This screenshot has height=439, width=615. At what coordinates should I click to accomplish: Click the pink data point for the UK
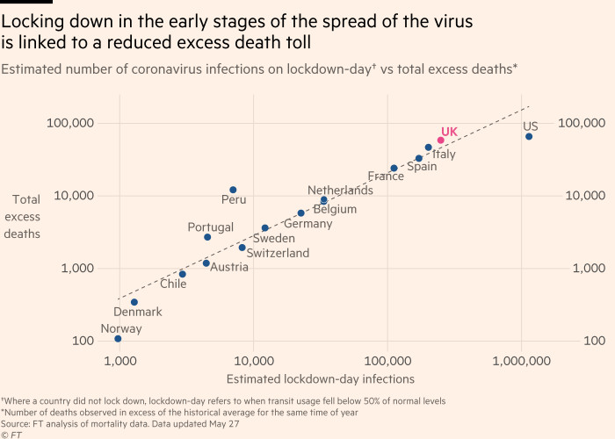pyautogui.click(x=441, y=140)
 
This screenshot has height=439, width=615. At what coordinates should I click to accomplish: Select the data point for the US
pyautogui.click(x=529, y=136)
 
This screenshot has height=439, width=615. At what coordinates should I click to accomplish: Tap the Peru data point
pyautogui.click(x=233, y=190)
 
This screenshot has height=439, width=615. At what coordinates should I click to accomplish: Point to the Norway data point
pyautogui.click(x=118, y=339)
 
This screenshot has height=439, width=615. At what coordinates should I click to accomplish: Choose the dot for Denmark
pyautogui.click(x=134, y=302)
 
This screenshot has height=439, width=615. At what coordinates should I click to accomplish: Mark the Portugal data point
pyautogui.click(x=207, y=237)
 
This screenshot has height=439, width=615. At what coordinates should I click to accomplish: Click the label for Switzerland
pyautogui.click(x=278, y=254)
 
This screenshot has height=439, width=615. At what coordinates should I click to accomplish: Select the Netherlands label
pyautogui.click(x=340, y=191)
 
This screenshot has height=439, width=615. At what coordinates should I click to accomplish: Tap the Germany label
pyautogui.click(x=307, y=224)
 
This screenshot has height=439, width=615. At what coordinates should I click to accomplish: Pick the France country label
pyautogui.click(x=386, y=176)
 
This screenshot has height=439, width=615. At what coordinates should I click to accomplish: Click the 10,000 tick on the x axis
pyautogui.click(x=254, y=360)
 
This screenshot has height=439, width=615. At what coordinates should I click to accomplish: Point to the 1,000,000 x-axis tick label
pyautogui.click(x=522, y=360)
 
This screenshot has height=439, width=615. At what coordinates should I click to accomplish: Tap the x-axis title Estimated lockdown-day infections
pyautogui.click(x=320, y=379)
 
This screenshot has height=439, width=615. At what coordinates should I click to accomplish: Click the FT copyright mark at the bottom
pyautogui.click(x=11, y=434)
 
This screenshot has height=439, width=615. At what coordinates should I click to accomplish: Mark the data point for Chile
pyautogui.click(x=183, y=274)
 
